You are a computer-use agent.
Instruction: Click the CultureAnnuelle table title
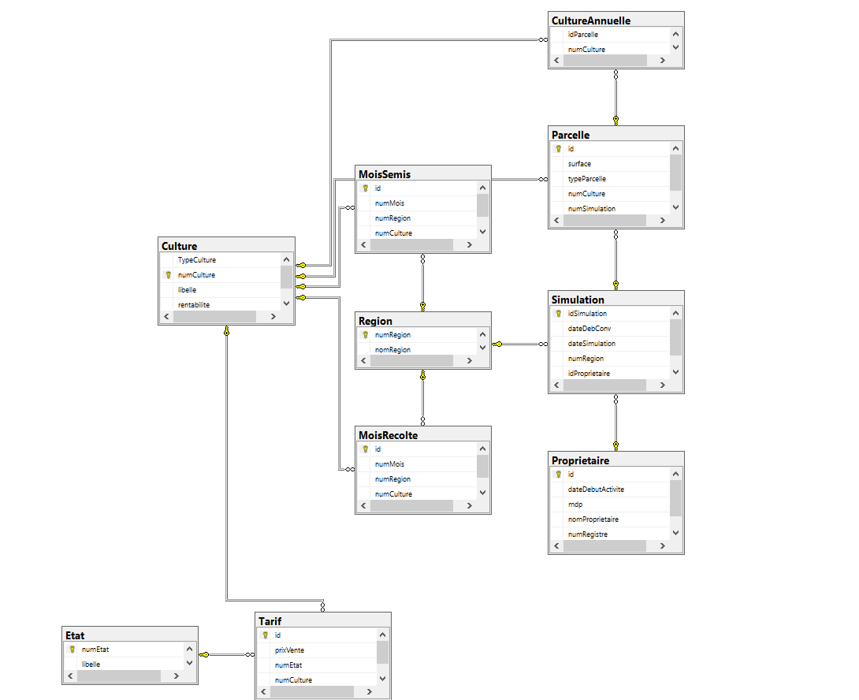tap(590, 20)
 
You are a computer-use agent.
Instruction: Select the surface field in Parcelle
tap(579, 164)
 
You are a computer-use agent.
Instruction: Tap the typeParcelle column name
tap(587, 179)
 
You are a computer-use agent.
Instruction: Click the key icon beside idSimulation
tap(558, 314)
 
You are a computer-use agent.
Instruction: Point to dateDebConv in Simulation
tap(589, 329)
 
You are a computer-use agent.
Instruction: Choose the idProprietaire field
tap(589, 374)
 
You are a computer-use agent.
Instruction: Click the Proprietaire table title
tap(580, 460)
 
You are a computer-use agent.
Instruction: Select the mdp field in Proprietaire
tap(575, 505)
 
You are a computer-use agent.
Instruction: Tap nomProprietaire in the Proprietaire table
tap(593, 519)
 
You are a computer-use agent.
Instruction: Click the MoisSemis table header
tap(384, 174)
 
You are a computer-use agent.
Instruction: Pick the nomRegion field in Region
tap(392, 350)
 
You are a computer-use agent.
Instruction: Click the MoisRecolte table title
tap(388, 435)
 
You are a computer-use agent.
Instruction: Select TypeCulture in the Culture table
tap(196, 260)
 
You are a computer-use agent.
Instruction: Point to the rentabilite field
tap(194, 305)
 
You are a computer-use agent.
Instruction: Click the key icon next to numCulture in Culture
tap(168, 275)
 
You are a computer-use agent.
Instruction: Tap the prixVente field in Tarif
tap(289, 650)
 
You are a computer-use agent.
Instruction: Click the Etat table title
tap(76, 635)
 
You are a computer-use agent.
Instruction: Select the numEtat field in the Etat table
tap(95, 650)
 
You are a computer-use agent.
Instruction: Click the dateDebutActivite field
tap(596, 490)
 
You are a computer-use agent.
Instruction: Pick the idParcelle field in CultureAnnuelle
tap(584, 35)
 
